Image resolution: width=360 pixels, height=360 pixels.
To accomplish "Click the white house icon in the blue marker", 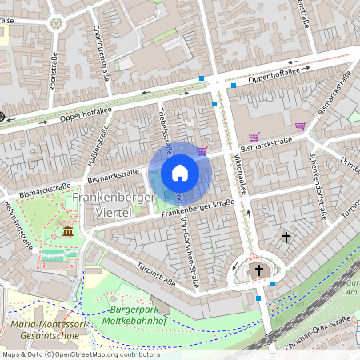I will point(180,172).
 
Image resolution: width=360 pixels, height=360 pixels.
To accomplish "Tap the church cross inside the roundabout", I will point(258,270).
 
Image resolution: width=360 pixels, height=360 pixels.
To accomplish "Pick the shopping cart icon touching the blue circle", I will point(202,150).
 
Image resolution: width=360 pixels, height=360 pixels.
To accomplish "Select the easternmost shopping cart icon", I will point(300,126).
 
